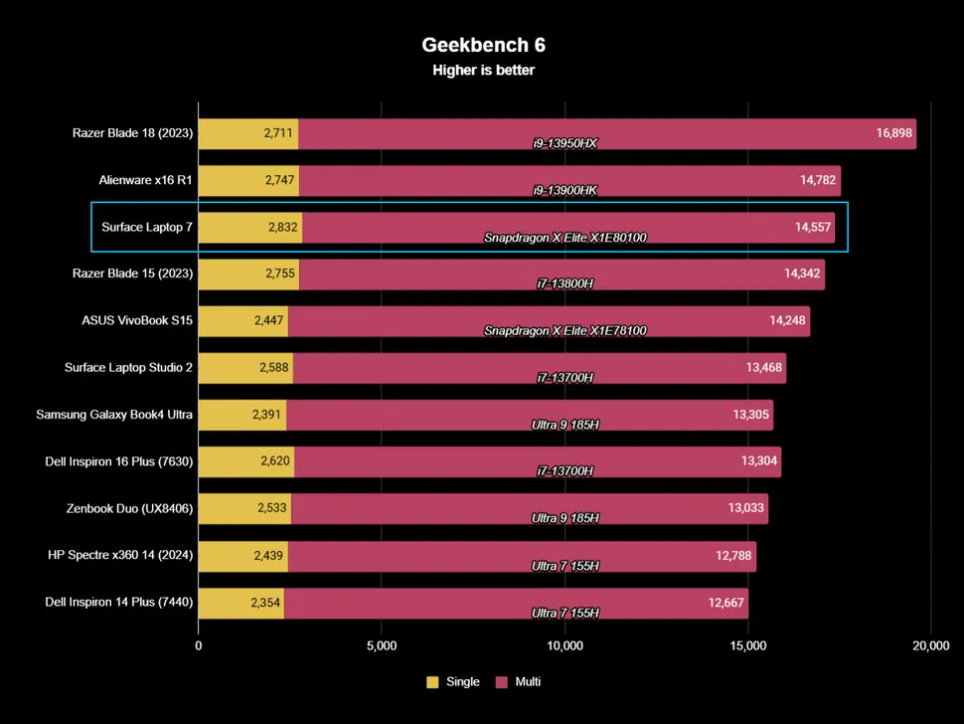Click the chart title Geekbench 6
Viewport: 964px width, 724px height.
tap(483, 45)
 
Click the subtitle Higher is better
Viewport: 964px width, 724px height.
tap(483, 70)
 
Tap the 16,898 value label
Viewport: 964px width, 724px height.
tap(894, 133)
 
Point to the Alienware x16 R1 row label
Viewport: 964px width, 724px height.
tap(145, 180)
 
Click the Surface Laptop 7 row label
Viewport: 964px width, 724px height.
tap(146, 227)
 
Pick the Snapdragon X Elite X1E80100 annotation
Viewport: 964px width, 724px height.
tap(565, 238)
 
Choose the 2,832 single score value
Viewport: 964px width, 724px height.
tap(282, 227)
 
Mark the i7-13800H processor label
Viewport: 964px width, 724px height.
tap(565, 284)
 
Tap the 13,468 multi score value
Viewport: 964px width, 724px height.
tap(764, 368)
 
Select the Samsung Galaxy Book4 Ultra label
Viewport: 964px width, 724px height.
tap(114, 415)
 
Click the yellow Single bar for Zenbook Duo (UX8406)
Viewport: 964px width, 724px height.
tap(244, 508)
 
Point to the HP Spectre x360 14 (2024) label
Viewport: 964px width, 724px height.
tap(120, 555)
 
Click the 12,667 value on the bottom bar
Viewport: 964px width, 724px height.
tap(726, 602)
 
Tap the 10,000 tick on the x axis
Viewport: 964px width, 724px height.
tap(564, 646)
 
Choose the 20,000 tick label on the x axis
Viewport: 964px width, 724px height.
tap(930, 646)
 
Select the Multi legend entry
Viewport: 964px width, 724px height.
tap(518, 682)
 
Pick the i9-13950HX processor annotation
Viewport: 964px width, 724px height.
tap(564, 143)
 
